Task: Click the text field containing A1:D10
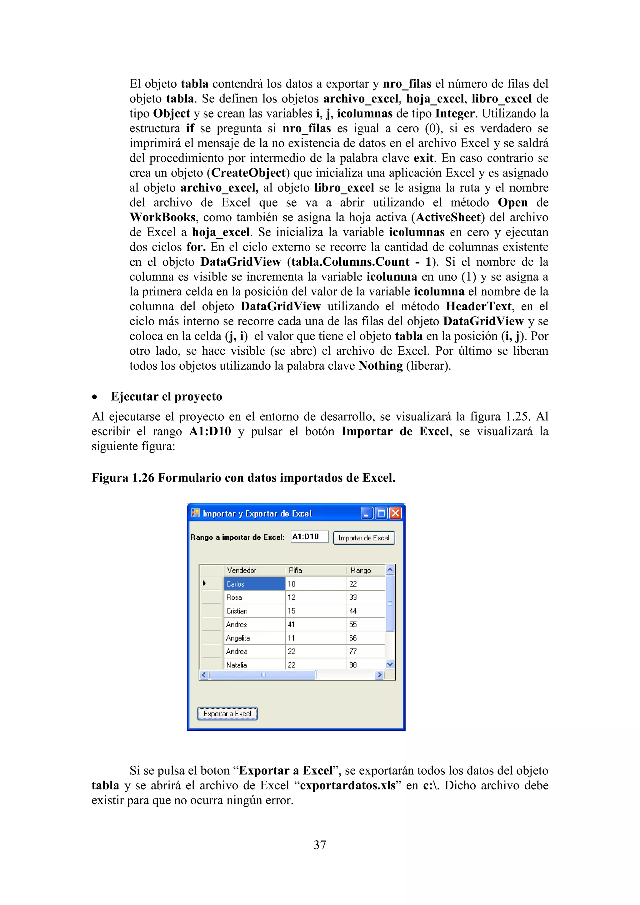click(x=309, y=537)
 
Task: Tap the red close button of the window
click(x=395, y=513)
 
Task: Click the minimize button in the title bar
click(x=367, y=513)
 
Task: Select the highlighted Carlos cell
click(x=255, y=584)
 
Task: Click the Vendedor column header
click(x=254, y=570)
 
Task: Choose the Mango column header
click(x=365, y=570)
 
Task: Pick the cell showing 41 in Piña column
click(x=315, y=624)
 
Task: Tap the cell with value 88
click(x=365, y=665)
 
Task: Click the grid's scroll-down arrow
click(x=390, y=665)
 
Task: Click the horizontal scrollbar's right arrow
click(x=379, y=675)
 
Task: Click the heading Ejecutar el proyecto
click(x=166, y=397)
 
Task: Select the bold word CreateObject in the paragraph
click(x=248, y=173)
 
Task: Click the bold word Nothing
click(x=380, y=366)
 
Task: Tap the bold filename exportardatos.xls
click(x=347, y=785)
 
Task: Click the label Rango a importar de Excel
click(x=237, y=537)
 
